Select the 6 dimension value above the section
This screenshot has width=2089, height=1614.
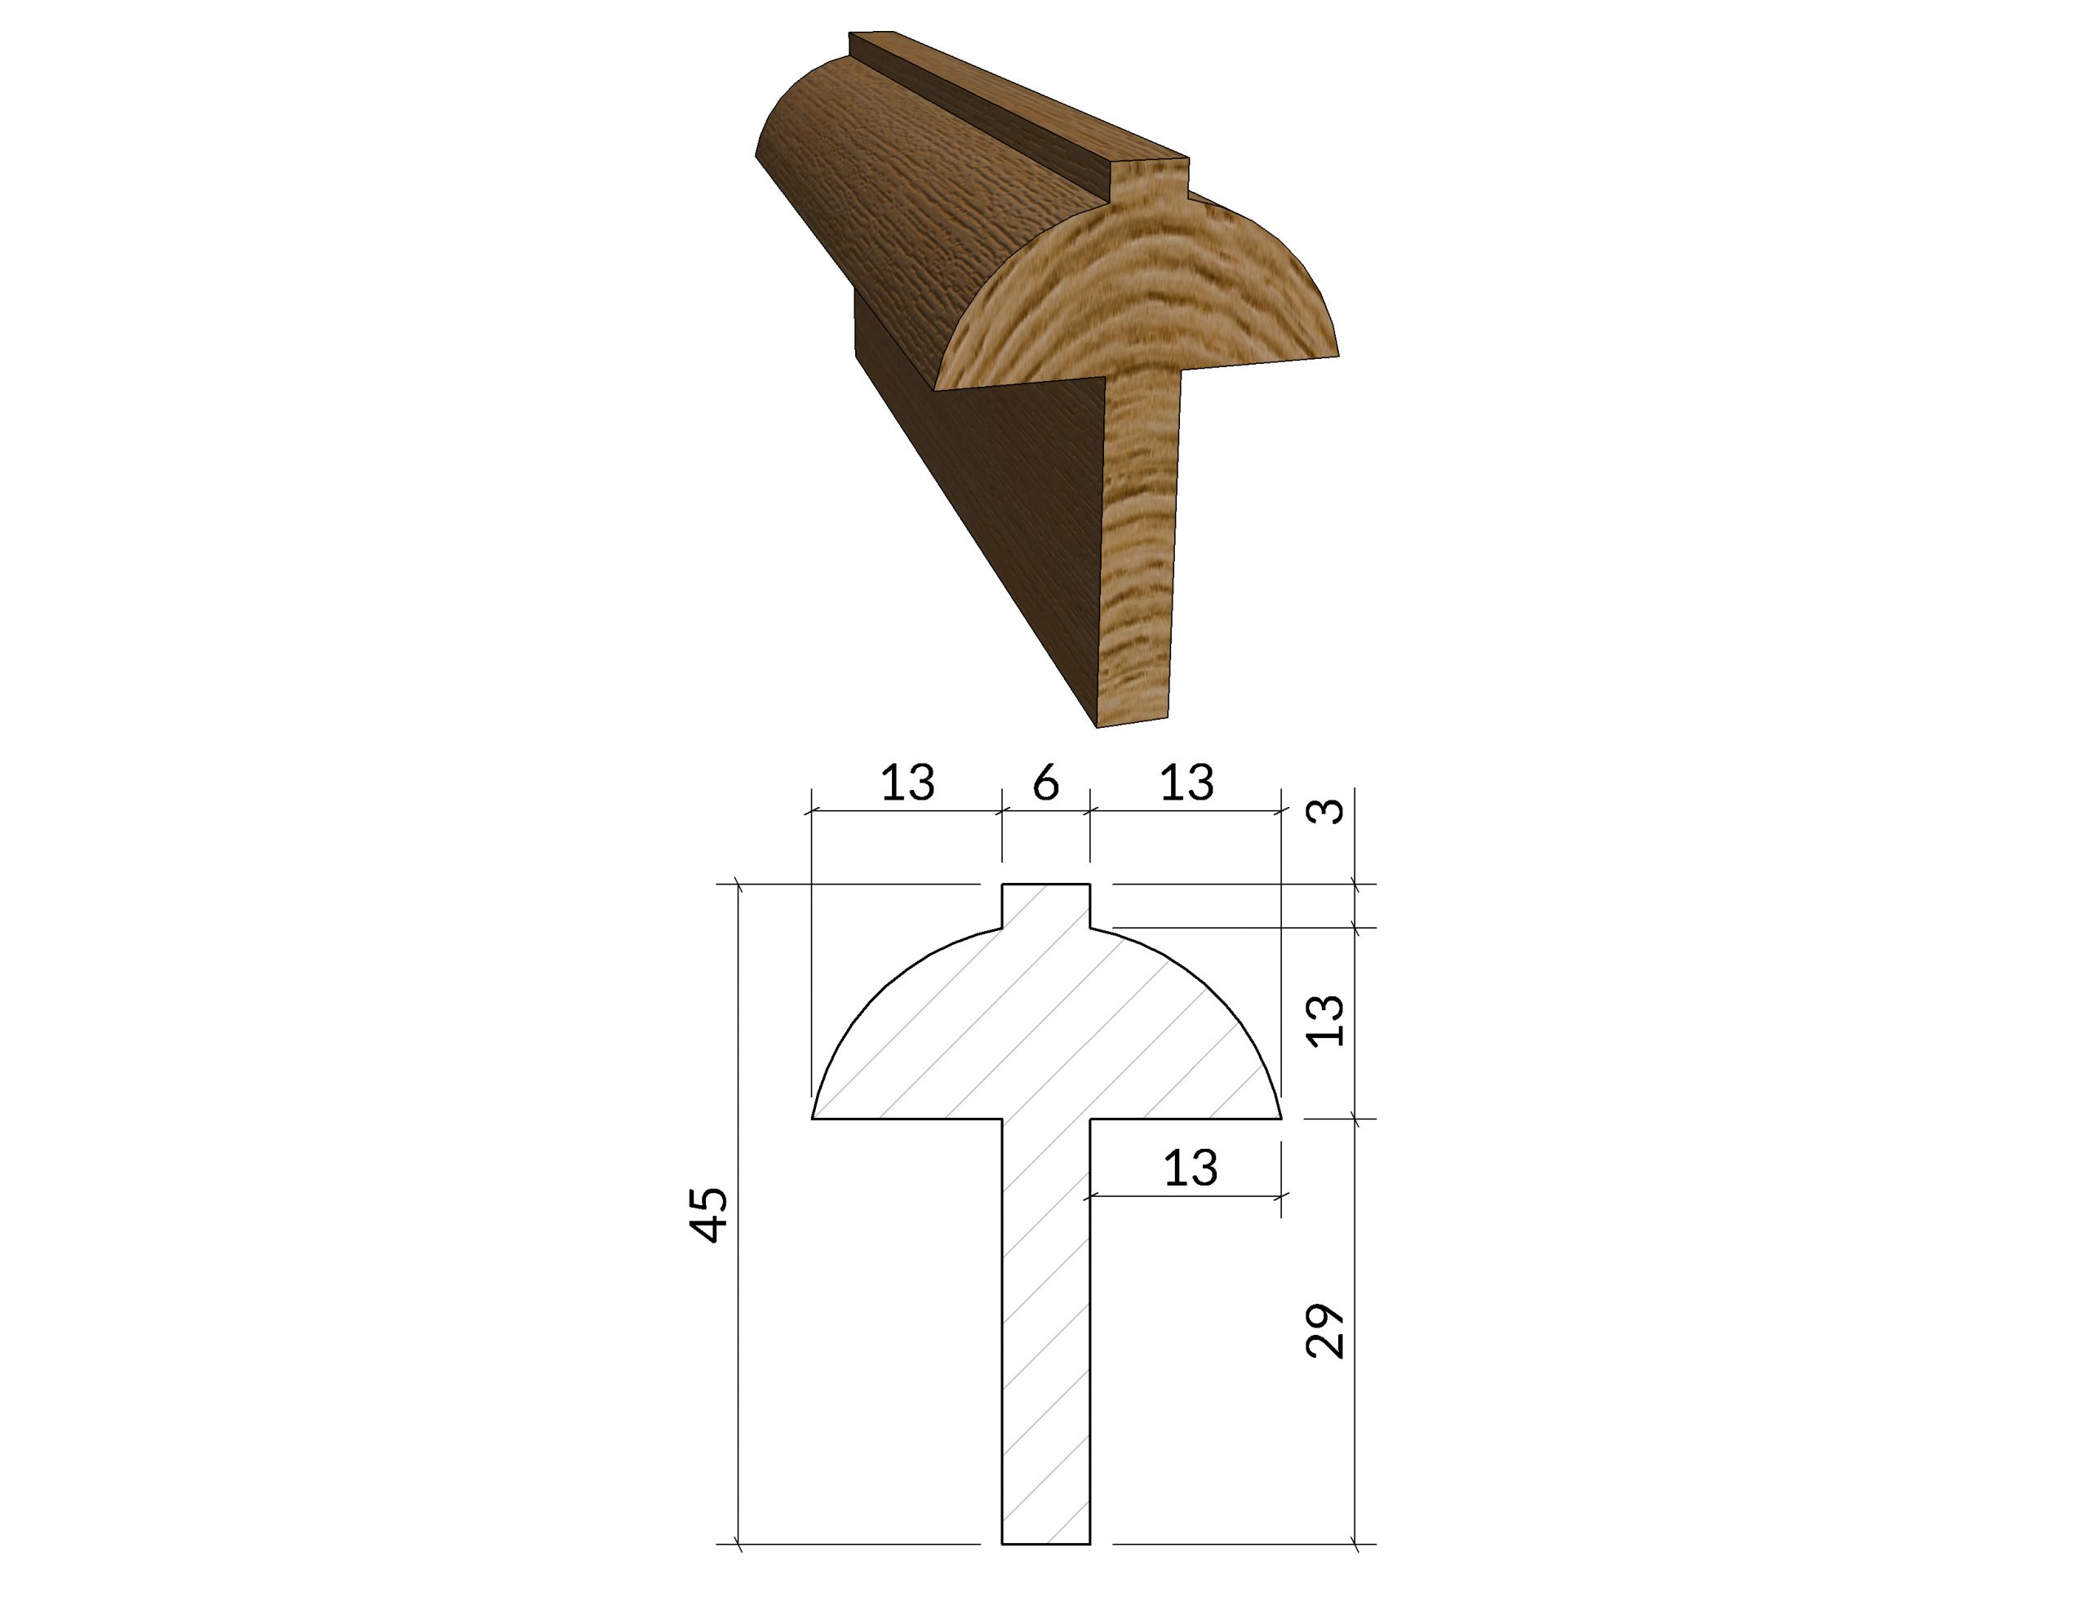[x=1046, y=783]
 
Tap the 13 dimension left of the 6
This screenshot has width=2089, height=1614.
[x=907, y=783]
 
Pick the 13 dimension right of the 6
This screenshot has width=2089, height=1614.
[x=1187, y=783]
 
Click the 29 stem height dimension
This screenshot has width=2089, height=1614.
[x=1326, y=1330]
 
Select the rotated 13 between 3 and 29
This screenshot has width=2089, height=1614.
[x=1326, y=1021]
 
